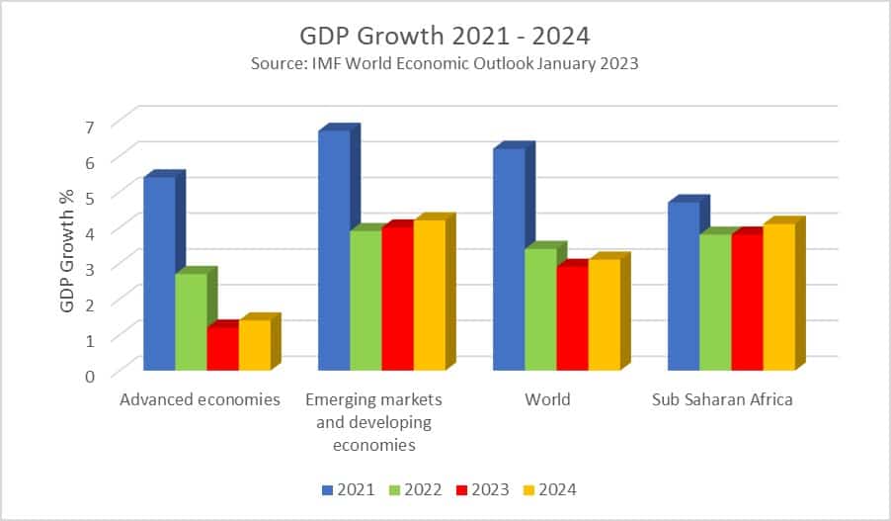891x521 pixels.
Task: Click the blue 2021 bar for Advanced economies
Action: [x=160, y=274]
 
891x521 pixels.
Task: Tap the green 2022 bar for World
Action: [x=541, y=309]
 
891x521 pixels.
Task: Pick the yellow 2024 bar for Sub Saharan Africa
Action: [x=779, y=297]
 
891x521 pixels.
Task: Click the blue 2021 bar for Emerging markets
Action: [x=334, y=250]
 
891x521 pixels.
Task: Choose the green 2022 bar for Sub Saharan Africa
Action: [x=715, y=302]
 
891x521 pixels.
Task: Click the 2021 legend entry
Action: [x=348, y=489]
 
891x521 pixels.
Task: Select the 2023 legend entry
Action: [x=482, y=489]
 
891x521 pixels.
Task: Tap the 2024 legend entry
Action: [x=549, y=489]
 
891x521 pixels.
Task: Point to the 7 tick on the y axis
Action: [x=89, y=127]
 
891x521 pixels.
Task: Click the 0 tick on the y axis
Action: [x=90, y=376]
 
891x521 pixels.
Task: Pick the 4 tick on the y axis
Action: [x=90, y=233]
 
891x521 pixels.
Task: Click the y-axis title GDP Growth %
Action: [x=67, y=250]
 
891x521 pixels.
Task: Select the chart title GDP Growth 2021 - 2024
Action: [x=445, y=36]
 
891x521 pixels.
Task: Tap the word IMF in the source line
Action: [x=327, y=62]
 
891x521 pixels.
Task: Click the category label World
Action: [x=547, y=399]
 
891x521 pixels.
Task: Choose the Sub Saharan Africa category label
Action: [x=722, y=399]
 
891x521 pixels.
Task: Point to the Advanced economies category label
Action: [x=200, y=399]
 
